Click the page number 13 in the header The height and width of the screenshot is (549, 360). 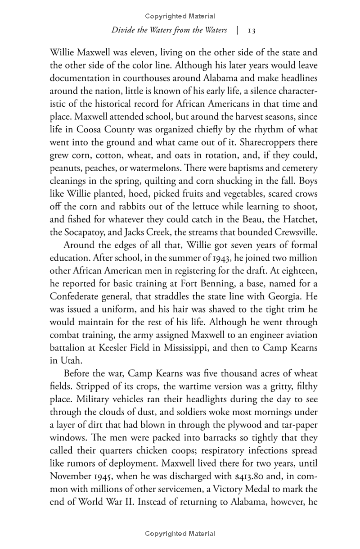[252, 31]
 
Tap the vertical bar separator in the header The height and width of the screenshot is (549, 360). [237, 31]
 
